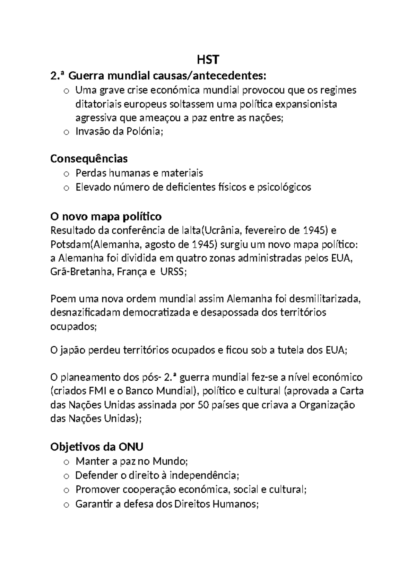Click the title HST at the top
pos(208,60)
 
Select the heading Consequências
pos(89,159)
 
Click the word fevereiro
pos(269,231)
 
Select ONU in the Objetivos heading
pos(131,447)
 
